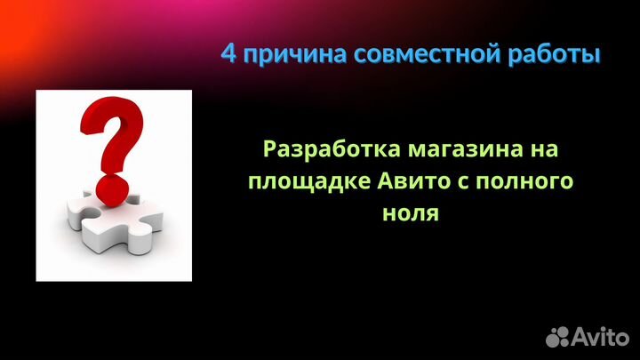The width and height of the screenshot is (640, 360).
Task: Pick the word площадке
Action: click(299, 181)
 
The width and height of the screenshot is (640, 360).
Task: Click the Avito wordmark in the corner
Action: click(600, 335)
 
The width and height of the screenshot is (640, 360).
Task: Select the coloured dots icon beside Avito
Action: click(558, 335)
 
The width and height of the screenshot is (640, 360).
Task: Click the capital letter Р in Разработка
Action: click(270, 148)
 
